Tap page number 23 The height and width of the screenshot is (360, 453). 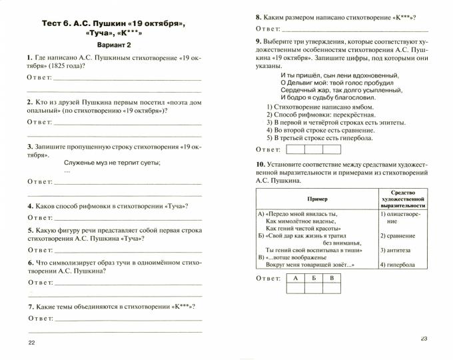pyautogui.click(x=425, y=339)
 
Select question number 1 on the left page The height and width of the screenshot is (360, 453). pyautogui.click(x=30, y=59)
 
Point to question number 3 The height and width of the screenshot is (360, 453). pyautogui.click(x=30, y=147)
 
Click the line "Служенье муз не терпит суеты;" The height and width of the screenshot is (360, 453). pyautogui.click(x=113, y=163)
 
